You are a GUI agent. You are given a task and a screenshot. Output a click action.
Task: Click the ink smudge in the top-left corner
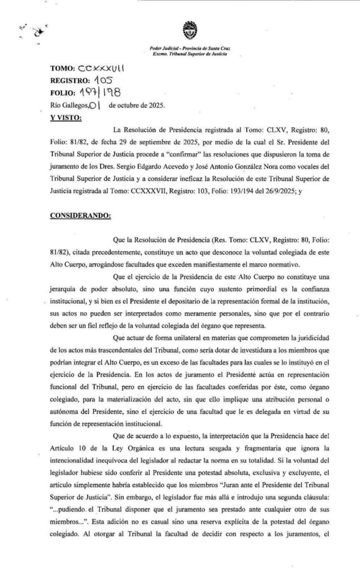tap(37, 32)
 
